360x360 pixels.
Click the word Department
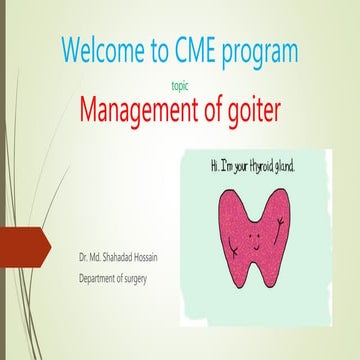[x=101, y=277]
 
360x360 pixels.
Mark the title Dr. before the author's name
[x=85, y=258]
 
